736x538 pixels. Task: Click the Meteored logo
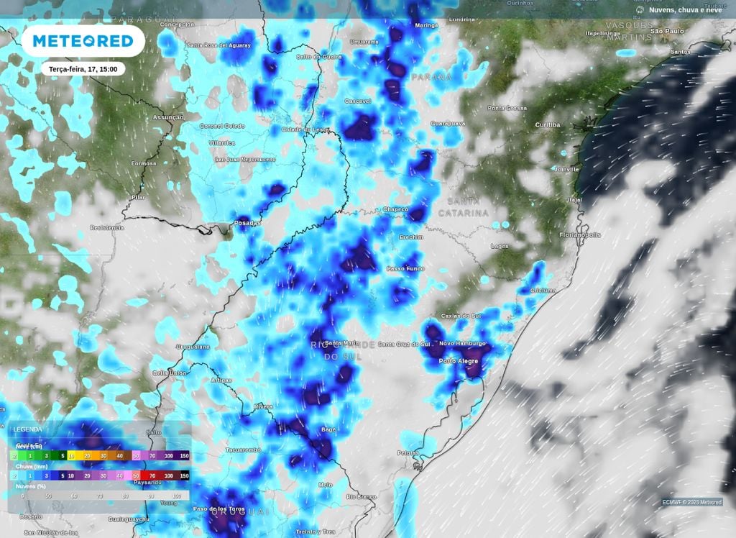(x=83, y=41)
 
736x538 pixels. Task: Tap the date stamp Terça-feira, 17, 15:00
(x=83, y=69)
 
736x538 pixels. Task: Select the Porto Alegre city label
(x=458, y=360)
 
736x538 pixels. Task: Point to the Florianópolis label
(x=580, y=235)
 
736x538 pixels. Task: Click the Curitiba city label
(x=547, y=125)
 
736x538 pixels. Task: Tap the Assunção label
(x=168, y=117)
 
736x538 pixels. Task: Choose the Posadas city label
(x=248, y=223)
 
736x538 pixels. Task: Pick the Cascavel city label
(x=358, y=101)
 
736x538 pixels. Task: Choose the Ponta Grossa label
(x=507, y=108)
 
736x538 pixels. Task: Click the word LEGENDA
(x=27, y=430)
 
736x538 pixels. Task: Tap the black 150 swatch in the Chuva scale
(x=184, y=475)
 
